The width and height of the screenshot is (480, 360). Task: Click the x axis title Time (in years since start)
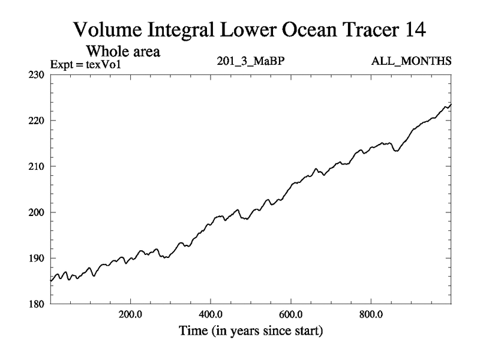pyautogui.click(x=250, y=330)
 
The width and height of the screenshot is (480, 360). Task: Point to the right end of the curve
pyautogui.click(x=451, y=104)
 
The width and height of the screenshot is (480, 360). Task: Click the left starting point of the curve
pyautogui.click(x=51, y=281)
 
